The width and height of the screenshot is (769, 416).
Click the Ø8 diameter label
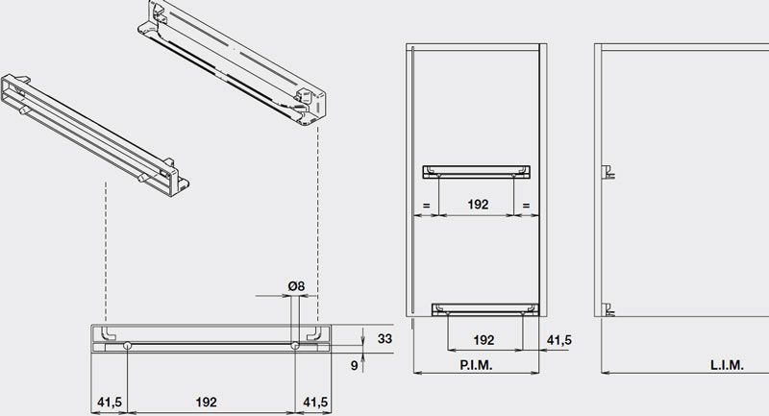coord(296,285)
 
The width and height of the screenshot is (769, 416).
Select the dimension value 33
coord(385,338)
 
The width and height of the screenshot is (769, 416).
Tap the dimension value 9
coord(354,365)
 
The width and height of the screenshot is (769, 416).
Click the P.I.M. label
coord(476,365)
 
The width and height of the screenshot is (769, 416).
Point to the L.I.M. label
coord(727,365)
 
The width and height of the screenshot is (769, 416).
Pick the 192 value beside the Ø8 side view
coord(206,403)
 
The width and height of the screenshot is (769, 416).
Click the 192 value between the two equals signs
coord(478,205)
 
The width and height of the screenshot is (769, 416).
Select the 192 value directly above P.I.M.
coord(484,339)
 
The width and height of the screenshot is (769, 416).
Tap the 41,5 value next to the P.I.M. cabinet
coord(559,339)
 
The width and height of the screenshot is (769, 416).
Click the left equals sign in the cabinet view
coord(426,206)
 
